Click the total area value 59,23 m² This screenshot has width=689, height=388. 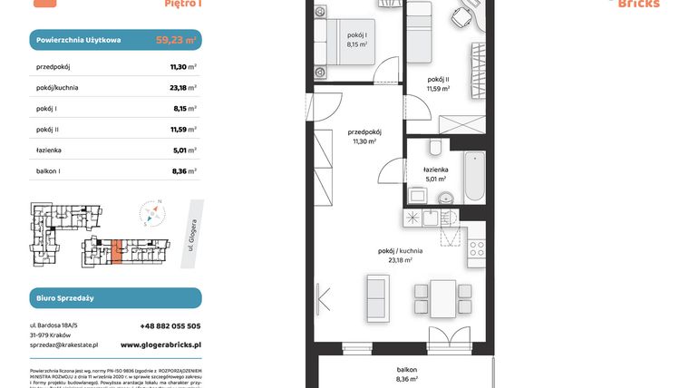(x=175, y=40)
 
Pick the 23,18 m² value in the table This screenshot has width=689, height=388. (x=183, y=88)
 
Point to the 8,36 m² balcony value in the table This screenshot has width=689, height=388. (x=183, y=172)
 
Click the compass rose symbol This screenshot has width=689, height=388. (x=152, y=214)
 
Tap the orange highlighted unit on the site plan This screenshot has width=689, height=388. (x=116, y=251)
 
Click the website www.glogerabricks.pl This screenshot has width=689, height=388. (x=160, y=345)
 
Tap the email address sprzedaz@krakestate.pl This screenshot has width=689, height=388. (x=63, y=345)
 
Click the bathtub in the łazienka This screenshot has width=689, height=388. (x=476, y=178)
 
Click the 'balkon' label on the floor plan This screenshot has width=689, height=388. (x=406, y=370)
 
